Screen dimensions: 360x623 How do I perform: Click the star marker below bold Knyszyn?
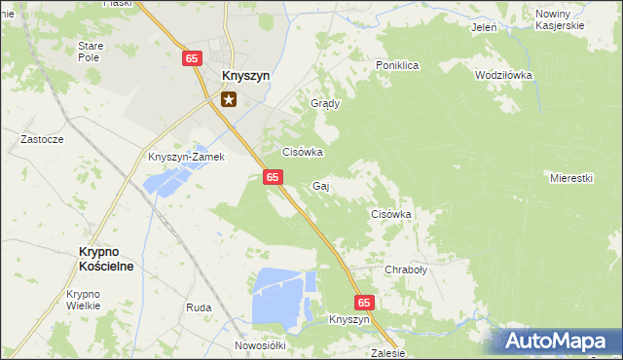230,98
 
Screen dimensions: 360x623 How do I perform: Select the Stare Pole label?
91,52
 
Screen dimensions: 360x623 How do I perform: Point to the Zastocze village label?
43,139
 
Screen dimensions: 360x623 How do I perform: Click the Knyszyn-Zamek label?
186,157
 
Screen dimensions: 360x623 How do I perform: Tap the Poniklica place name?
397,65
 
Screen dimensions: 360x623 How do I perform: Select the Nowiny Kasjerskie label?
560,19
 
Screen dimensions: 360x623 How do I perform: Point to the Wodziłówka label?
503,75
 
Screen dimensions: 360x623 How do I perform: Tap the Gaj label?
320,185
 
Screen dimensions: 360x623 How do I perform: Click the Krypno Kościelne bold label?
106,258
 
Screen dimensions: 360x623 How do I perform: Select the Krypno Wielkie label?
84,300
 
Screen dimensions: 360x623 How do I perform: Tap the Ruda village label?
199,307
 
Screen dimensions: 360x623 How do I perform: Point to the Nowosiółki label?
259,345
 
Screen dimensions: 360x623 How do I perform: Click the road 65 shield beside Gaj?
273,176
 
